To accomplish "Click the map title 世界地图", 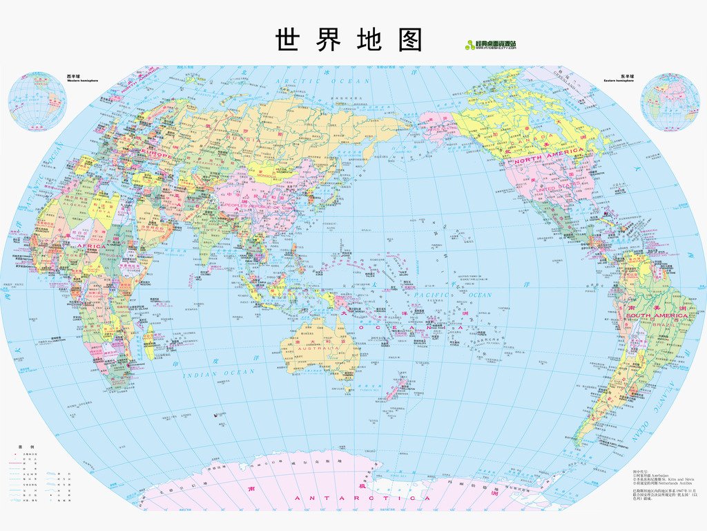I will click(349, 40).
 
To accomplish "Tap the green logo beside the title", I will click(491, 45).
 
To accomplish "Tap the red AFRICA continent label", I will click(90, 246).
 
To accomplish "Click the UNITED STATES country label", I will click(558, 187).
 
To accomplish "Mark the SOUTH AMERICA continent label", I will click(657, 315).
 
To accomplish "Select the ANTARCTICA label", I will click(363, 498).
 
